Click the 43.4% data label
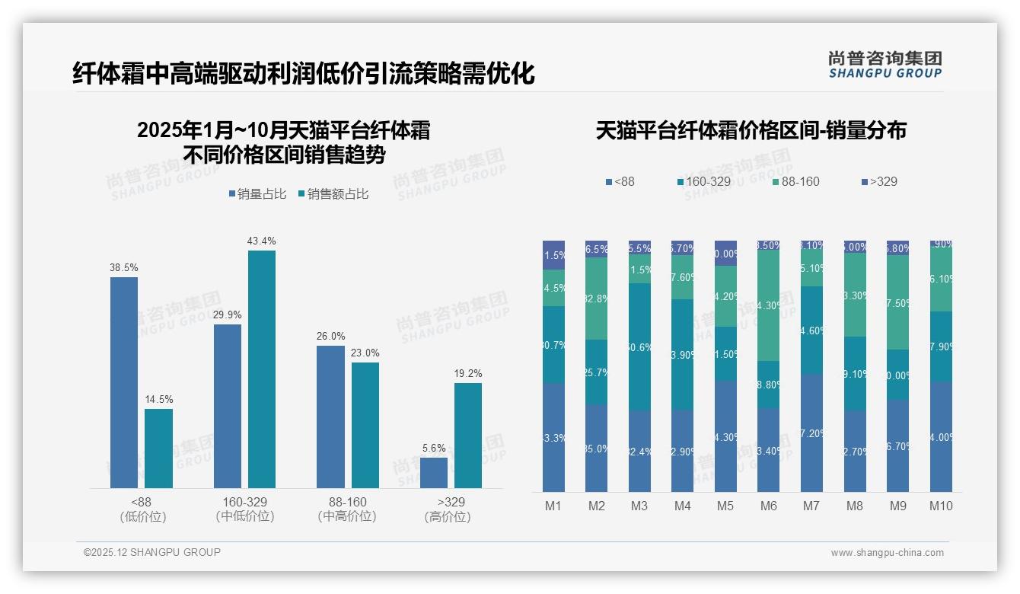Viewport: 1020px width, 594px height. [x=261, y=241]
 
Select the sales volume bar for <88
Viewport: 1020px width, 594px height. [x=124, y=382]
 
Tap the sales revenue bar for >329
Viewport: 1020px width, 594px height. [x=468, y=435]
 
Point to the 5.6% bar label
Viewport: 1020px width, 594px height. [x=434, y=449]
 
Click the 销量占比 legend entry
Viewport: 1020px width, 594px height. [x=257, y=194]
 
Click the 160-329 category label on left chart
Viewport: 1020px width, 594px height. [x=244, y=509]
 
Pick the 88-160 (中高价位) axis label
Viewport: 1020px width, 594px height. [x=347, y=509]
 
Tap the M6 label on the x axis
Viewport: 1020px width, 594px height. [x=769, y=506]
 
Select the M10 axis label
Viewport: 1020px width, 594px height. [x=941, y=506]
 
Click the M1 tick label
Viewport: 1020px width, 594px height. [x=553, y=506]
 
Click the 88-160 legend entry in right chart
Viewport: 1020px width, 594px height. [x=795, y=181]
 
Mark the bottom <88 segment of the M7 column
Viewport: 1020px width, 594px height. [x=811, y=433]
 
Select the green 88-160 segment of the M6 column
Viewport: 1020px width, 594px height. [x=769, y=305]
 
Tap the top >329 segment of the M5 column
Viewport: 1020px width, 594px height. [x=725, y=253]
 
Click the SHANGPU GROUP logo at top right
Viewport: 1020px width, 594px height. [x=885, y=65]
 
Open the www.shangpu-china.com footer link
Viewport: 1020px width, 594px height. [x=887, y=553]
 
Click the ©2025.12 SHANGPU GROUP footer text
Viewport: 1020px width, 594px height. [x=152, y=552]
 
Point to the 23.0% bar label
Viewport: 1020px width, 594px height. [x=365, y=353]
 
